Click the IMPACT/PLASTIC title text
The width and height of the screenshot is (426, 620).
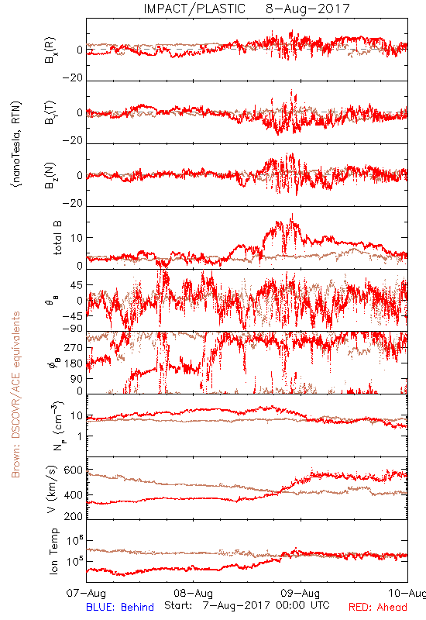click(194, 9)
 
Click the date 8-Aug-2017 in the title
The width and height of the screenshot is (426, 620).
click(307, 9)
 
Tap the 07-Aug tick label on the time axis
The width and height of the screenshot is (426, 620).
click(86, 593)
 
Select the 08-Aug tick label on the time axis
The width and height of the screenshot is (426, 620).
click(193, 593)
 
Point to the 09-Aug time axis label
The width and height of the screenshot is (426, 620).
click(301, 593)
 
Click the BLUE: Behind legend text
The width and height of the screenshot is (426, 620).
click(120, 607)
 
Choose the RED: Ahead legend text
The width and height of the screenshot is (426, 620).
click(377, 607)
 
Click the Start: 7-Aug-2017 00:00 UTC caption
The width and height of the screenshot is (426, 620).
click(247, 605)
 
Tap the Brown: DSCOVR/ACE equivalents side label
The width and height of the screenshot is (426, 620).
click(15, 394)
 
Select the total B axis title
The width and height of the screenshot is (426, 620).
click(57, 238)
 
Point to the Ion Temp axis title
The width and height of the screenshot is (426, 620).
click(53, 550)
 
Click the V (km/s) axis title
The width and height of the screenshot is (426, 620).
click(52, 489)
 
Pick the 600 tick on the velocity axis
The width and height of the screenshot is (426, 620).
click(74, 470)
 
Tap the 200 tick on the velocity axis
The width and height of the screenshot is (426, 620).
click(74, 516)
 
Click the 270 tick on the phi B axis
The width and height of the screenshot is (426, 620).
click(74, 348)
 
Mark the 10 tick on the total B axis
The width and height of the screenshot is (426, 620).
click(77, 238)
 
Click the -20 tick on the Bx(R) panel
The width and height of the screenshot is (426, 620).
click(73, 78)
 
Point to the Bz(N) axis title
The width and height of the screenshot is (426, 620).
click(50, 175)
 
